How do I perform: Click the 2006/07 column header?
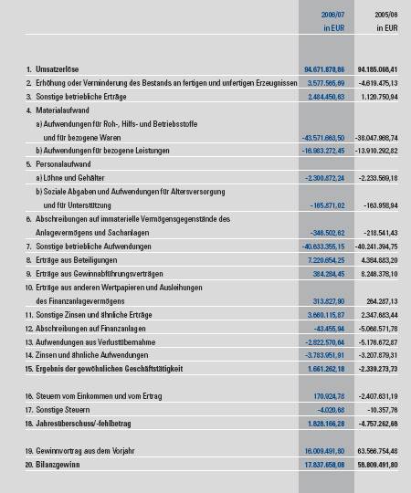click(x=332, y=15)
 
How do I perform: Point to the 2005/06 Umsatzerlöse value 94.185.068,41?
click(x=380, y=69)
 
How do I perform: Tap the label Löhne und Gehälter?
click(x=74, y=179)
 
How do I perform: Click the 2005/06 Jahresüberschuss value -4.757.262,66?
click(x=381, y=426)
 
